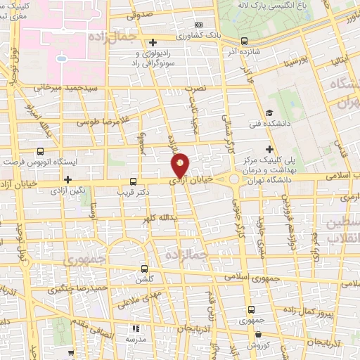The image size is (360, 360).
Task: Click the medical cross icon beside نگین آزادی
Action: click(x=67, y=180)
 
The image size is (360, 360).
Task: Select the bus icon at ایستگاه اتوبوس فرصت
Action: click(x=39, y=151)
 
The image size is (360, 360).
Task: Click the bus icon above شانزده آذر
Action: click(x=245, y=41)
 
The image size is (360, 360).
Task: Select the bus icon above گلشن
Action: click(x=145, y=268)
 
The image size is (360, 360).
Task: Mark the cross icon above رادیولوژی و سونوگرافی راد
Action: click(x=153, y=43)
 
